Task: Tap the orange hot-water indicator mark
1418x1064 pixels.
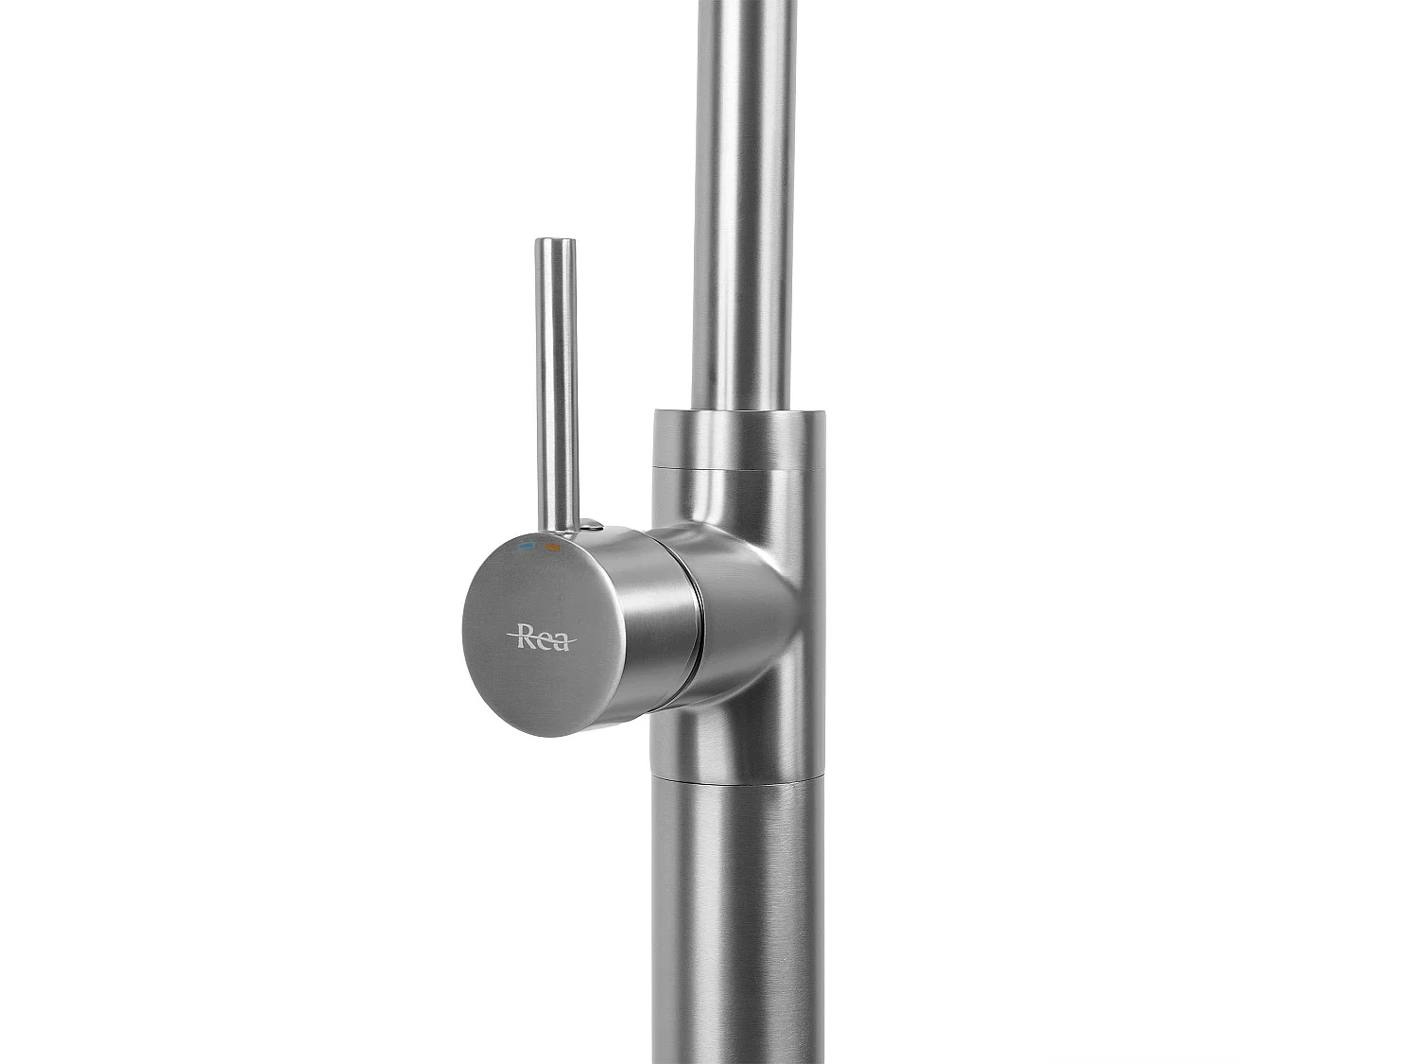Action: click(552, 547)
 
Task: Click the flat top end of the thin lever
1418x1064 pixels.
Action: click(555, 242)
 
